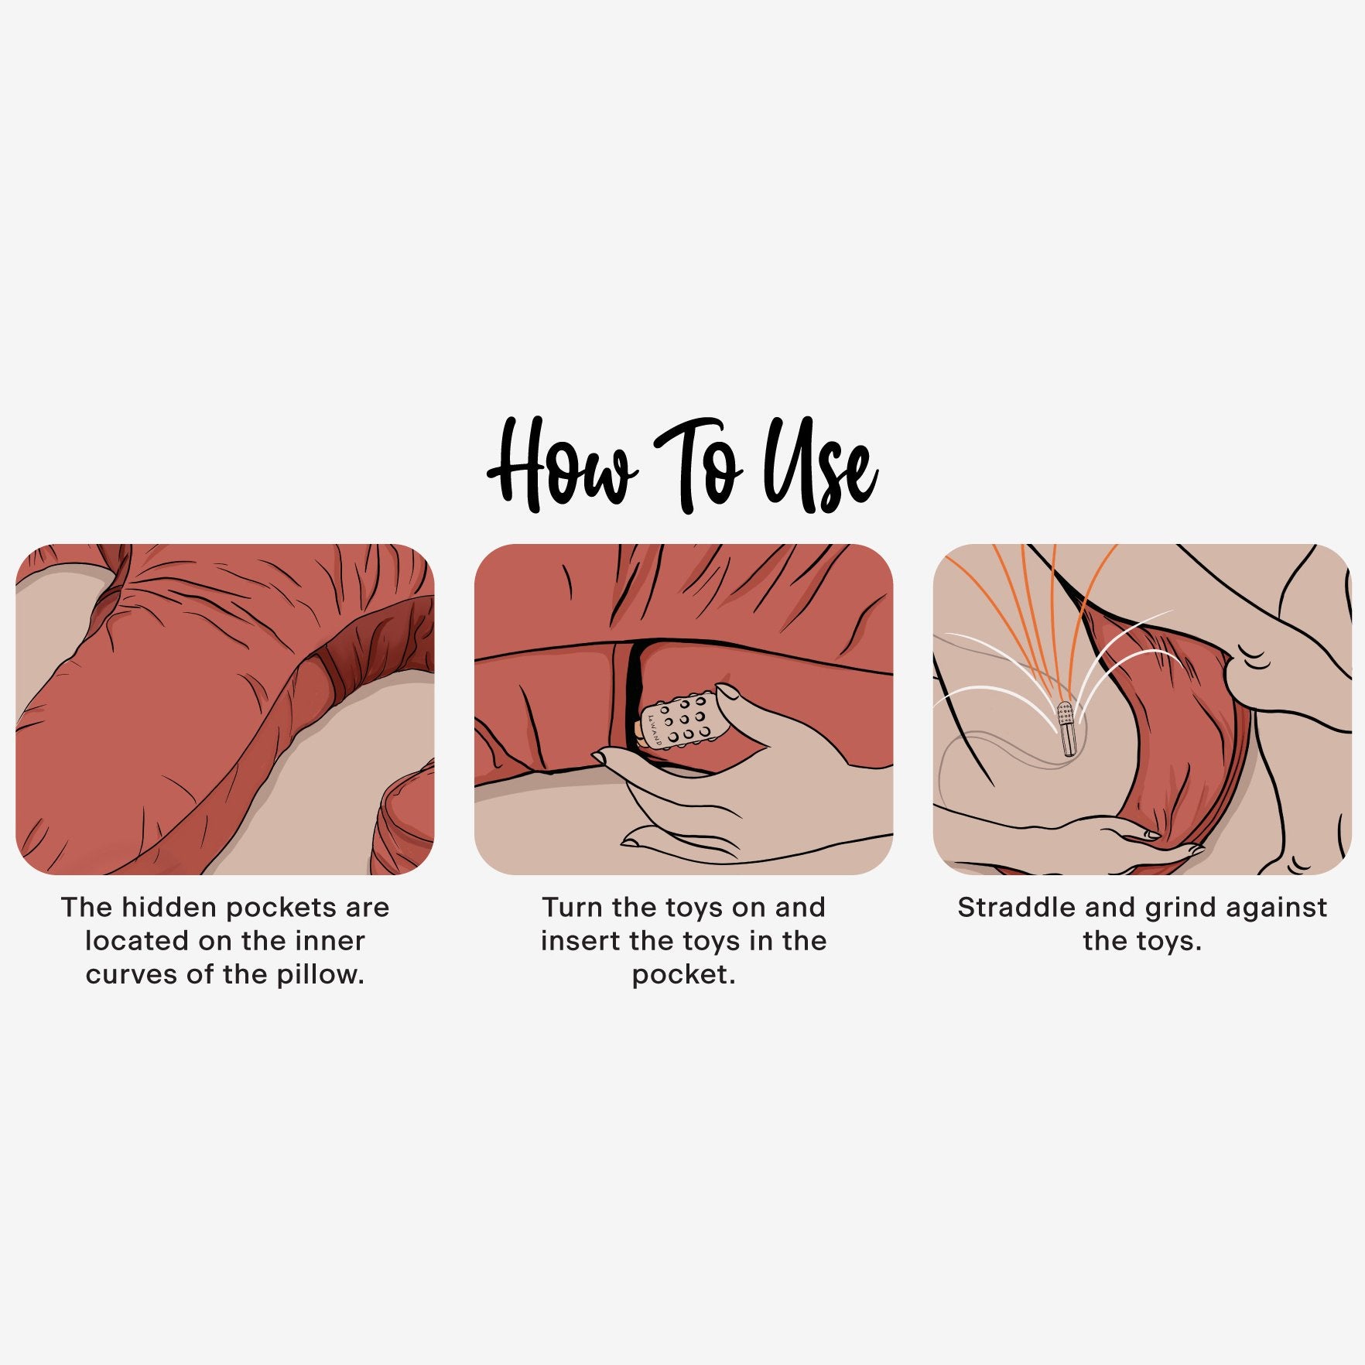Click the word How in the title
pos(563,467)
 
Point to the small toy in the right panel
pos(1066,729)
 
